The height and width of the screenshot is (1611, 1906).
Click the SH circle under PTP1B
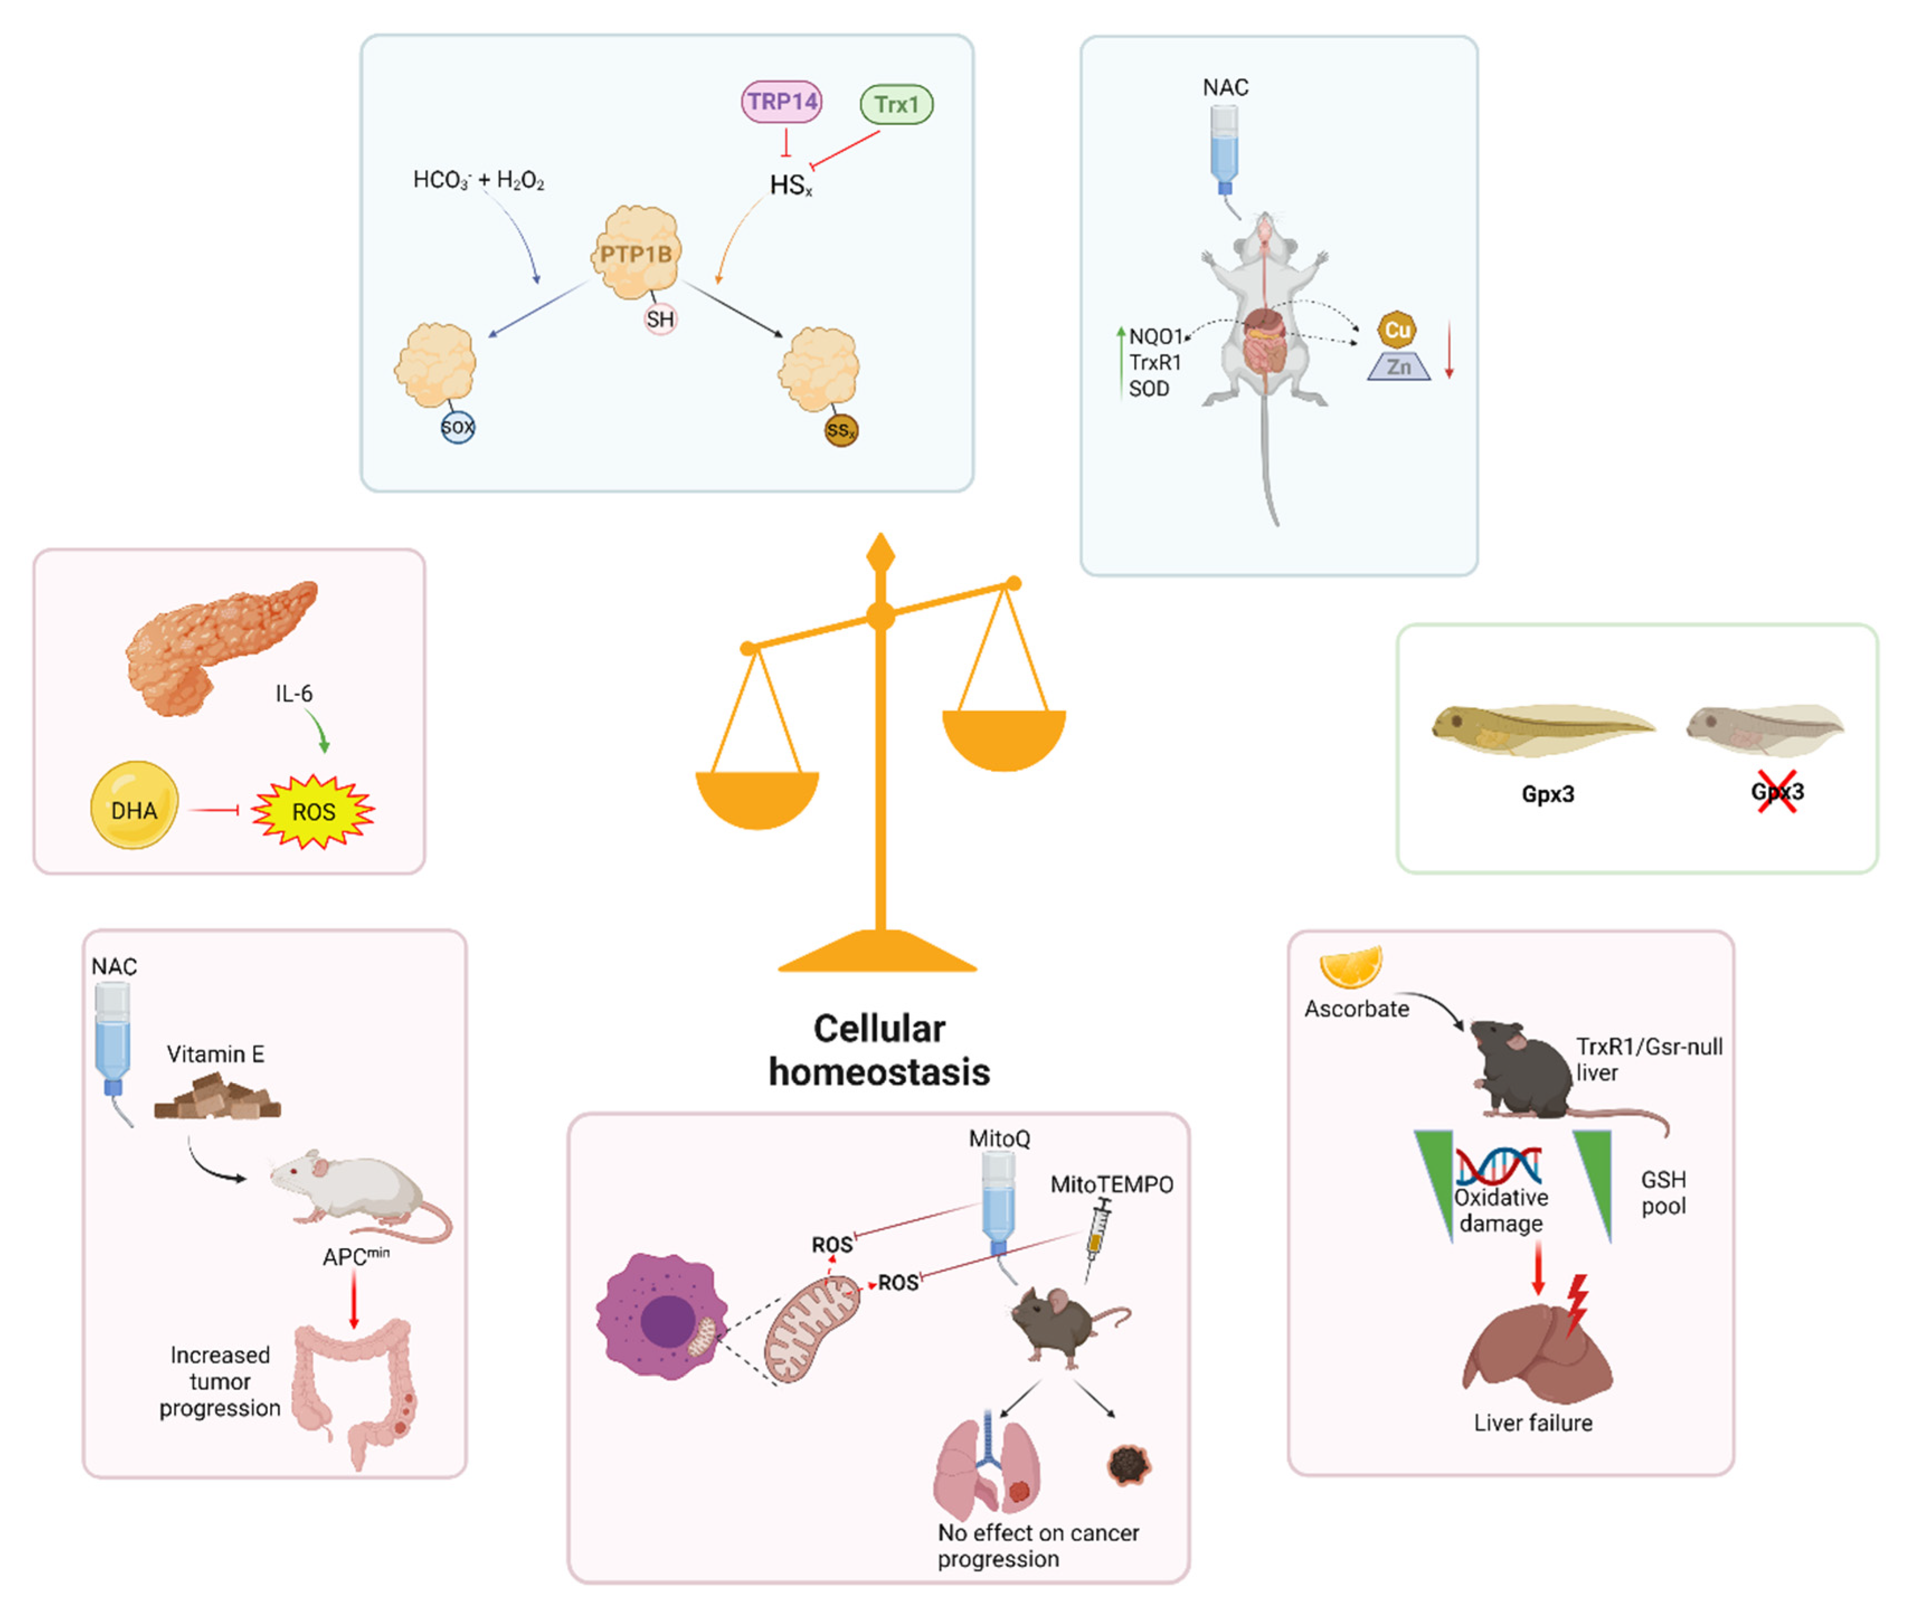pos(660,319)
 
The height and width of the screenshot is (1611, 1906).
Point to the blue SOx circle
pos(458,427)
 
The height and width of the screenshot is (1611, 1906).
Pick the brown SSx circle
pos(840,430)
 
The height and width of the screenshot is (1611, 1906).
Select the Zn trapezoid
pos(1398,367)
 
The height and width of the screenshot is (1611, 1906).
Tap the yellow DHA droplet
pos(134,805)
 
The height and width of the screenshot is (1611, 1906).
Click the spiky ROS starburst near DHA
pos(313,811)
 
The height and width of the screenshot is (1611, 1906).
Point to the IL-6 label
pos(294,694)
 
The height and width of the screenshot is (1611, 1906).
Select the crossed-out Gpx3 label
pos(1776,792)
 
